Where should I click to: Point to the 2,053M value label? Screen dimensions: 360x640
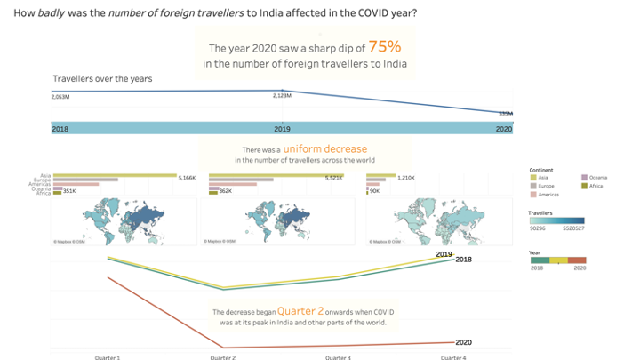pyautogui.click(x=60, y=96)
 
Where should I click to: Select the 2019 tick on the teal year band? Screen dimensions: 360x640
pyautogui.click(x=282, y=129)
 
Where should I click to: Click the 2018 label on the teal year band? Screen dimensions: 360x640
pyautogui.click(x=60, y=129)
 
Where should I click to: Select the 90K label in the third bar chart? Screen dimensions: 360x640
pyautogui.click(x=374, y=191)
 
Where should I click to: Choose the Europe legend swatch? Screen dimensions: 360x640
pyautogui.click(x=532, y=186)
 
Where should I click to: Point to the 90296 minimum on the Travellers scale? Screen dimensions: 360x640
pyautogui.click(x=538, y=229)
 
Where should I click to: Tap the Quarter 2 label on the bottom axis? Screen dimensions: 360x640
pyautogui.click(x=222, y=356)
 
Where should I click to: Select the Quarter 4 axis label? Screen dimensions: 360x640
pyautogui.click(x=452, y=356)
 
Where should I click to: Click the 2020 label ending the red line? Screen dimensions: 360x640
pyautogui.click(x=463, y=342)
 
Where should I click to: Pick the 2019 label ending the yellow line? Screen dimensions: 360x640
pyautogui.click(x=444, y=254)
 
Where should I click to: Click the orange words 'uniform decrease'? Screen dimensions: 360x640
pyautogui.click(x=325, y=148)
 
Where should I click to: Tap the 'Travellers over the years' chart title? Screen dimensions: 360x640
pyautogui.click(x=102, y=78)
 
